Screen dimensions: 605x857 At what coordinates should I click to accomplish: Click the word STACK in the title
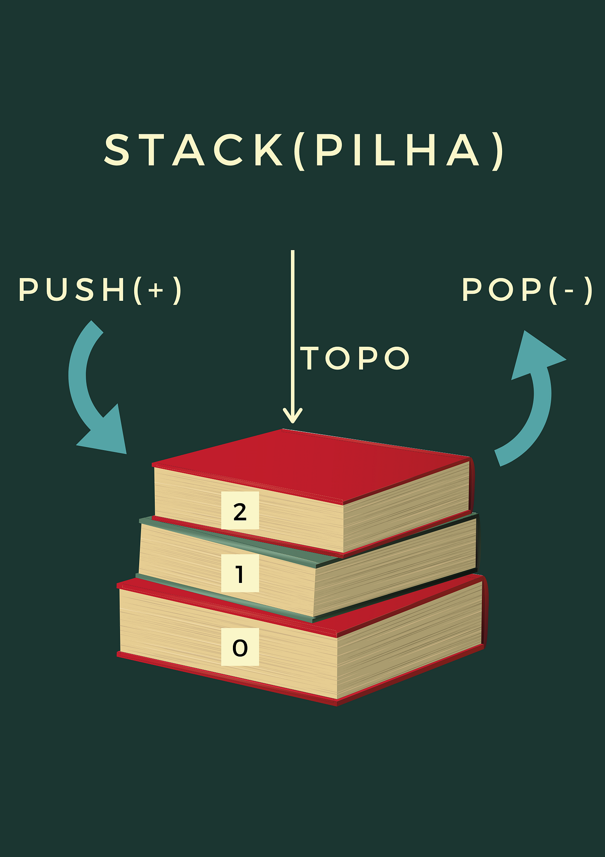[194, 149]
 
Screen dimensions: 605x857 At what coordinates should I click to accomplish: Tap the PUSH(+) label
[100, 290]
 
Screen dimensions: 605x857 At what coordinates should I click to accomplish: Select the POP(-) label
[527, 290]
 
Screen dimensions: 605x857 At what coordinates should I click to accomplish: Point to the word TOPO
[355, 358]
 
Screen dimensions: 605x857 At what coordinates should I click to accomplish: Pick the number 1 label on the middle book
[240, 573]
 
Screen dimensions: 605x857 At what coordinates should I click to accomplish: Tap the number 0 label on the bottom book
[240, 647]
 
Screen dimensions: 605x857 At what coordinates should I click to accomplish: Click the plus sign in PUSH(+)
[156, 291]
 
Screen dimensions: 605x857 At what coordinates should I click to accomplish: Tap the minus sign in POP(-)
[570, 291]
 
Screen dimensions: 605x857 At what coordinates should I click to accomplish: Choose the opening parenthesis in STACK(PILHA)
[299, 151]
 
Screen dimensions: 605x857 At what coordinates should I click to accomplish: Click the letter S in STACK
[117, 149]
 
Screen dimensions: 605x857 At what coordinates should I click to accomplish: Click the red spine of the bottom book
[485, 612]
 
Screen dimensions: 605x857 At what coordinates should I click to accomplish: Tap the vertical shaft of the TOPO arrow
[293, 333]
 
